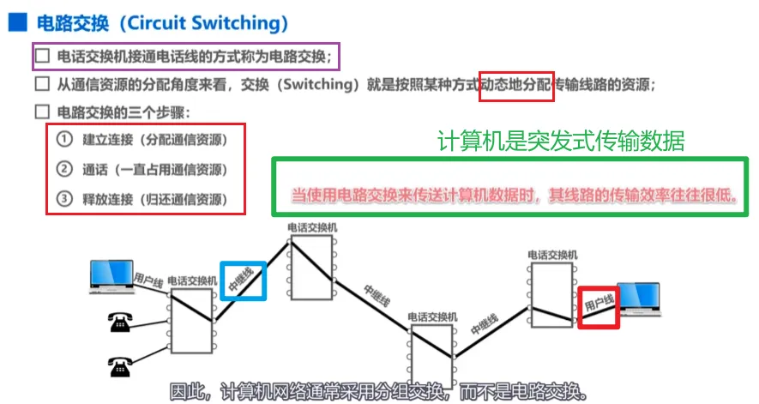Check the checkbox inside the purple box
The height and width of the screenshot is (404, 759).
tap(43, 57)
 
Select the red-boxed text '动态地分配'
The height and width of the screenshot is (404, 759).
tap(516, 85)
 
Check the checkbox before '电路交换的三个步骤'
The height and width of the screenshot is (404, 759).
tap(43, 112)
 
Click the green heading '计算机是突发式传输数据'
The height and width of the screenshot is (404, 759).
tap(561, 142)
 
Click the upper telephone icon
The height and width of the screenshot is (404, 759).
tap(117, 323)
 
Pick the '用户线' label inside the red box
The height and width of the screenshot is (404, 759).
tap(599, 305)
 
